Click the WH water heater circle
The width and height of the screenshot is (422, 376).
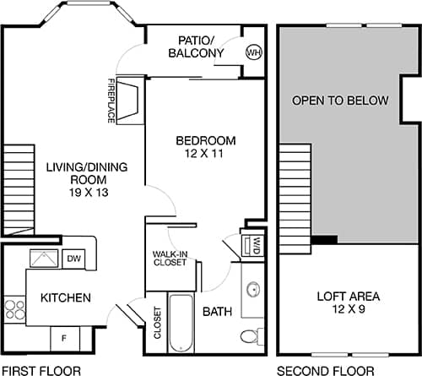click(253, 52)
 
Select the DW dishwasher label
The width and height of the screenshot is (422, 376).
click(73, 259)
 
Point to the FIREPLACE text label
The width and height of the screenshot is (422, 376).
click(111, 101)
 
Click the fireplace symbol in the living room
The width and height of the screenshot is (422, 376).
click(130, 99)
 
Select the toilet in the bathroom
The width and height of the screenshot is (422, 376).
click(251, 336)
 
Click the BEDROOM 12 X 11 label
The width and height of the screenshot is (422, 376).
click(205, 146)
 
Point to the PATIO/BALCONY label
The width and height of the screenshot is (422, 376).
click(201, 46)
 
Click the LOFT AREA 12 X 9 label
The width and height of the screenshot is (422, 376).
click(348, 302)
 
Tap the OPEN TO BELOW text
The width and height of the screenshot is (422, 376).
click(340, 101)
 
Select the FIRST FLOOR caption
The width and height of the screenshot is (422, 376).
click(41, 370)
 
